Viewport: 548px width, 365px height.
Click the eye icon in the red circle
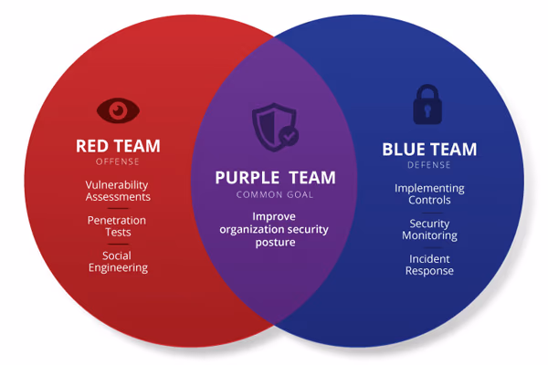point(118,110)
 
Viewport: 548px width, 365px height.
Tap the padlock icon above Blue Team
point(427,104)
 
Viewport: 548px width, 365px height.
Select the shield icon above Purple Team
point(275,127)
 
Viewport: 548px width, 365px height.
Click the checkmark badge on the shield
point(289,137)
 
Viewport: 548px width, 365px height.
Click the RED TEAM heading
point(118,146)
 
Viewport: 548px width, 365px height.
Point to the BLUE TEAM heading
point(429,149)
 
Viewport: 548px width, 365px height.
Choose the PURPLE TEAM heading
point(276,177)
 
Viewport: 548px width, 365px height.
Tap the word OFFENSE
point(118,162)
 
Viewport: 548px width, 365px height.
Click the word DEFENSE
point(429,165)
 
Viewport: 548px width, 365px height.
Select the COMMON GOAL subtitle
point(275,194)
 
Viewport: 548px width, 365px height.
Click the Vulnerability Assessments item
point(118,191)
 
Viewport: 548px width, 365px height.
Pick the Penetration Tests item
point(117,226)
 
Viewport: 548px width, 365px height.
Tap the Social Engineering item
point(118,262)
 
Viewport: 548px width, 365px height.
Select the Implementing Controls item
point(429,193)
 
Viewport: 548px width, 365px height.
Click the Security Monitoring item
point(429,229)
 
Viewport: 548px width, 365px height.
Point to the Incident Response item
point(429,265)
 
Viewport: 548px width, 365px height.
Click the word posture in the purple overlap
point(276,243)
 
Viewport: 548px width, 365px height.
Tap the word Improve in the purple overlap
point(274,217)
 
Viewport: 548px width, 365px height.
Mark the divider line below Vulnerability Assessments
point(118,209)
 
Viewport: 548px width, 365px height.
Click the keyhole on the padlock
point(427,111)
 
